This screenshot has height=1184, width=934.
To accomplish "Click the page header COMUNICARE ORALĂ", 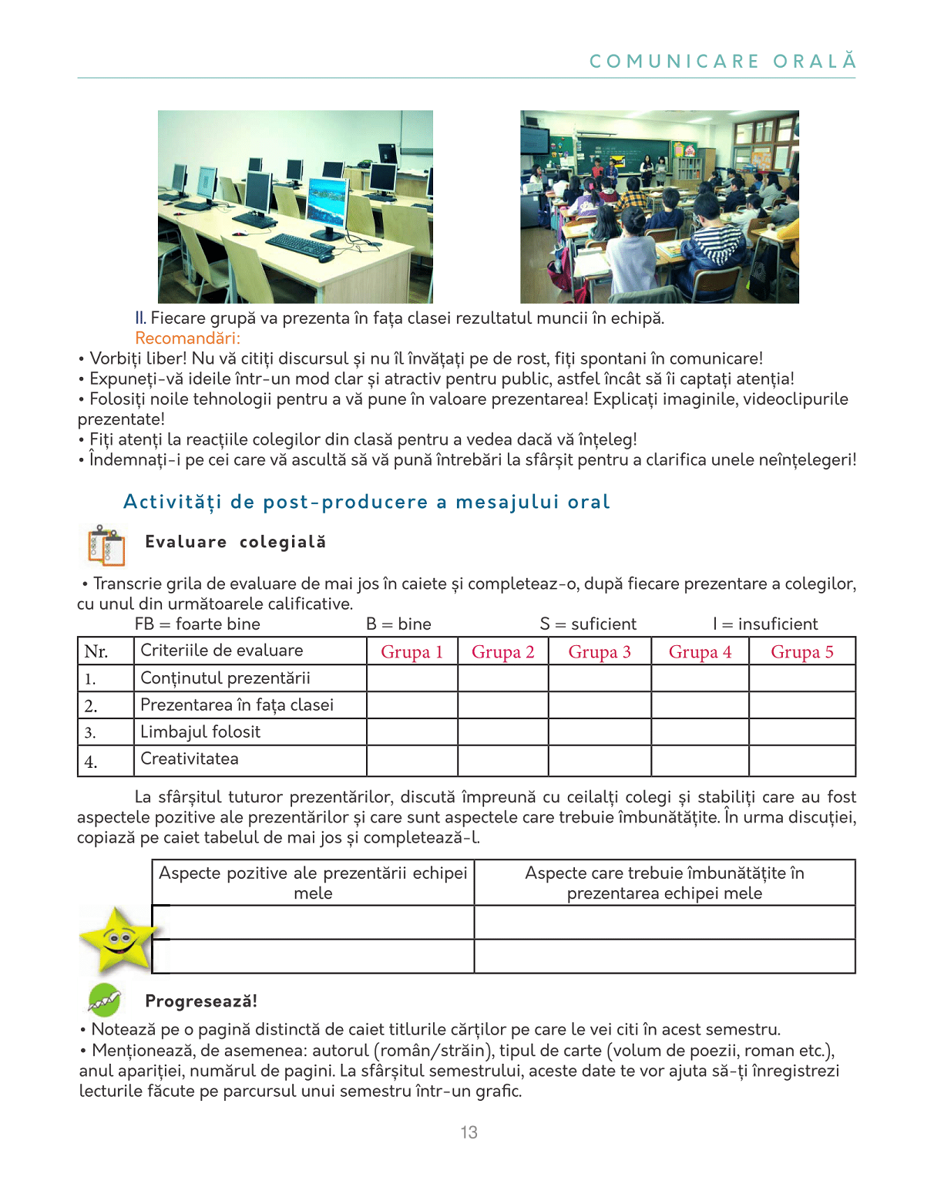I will (722, 62).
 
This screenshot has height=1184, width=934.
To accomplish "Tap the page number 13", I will (469, 1132).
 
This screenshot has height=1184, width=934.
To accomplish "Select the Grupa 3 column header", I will (599, 652).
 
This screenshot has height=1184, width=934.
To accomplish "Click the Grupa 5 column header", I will (801, 652).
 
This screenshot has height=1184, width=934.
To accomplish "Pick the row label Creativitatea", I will (190, 759).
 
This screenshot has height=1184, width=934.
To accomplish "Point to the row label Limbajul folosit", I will (200, 732).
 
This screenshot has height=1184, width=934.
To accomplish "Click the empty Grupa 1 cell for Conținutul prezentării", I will (412, 678).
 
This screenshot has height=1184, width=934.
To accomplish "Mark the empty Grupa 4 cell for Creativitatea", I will (699, 760).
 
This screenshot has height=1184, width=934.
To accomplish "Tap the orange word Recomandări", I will (187, 338).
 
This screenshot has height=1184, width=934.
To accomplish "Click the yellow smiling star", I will (117, 939).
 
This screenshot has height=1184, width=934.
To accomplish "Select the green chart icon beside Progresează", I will (104, 1001).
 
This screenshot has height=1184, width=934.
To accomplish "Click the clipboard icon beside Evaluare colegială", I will (106, 545).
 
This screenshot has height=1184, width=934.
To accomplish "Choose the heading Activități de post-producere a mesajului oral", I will (367, 503).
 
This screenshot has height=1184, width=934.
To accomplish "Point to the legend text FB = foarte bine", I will (197, 624).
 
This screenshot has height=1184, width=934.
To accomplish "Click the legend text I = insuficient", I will (765, 624).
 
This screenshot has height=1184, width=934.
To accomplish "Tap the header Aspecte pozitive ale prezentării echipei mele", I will (313, 883).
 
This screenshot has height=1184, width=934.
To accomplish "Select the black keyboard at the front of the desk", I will (301, 245).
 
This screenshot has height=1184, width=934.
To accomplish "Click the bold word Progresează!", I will (201, 1001).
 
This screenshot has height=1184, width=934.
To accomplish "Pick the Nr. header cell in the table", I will (96, 652).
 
